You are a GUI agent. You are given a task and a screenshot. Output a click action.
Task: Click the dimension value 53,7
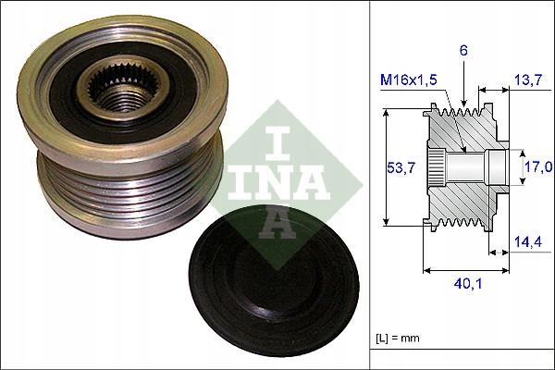[395, 167]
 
